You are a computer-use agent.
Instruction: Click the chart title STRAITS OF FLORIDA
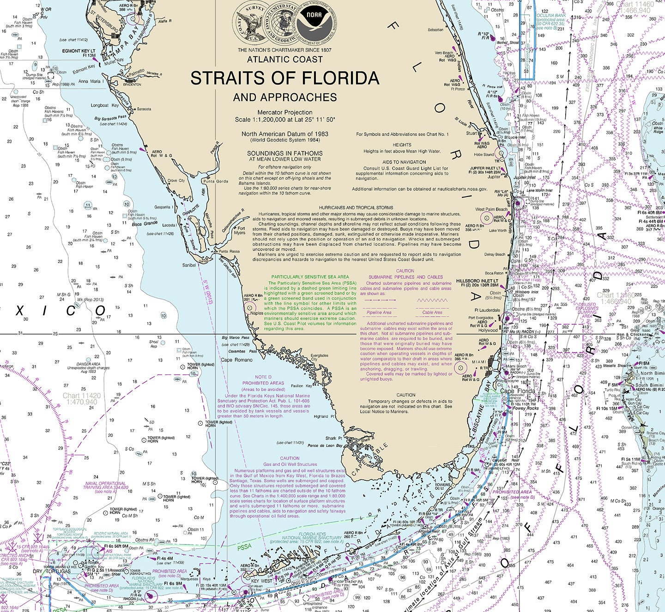point(284,78)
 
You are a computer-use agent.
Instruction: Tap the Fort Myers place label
point(239,230)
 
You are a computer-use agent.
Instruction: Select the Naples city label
point(258,313)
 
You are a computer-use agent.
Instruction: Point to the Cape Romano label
point(237,360)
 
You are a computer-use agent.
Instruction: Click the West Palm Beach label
point(491,209)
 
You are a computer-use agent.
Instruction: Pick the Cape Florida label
point(518,391)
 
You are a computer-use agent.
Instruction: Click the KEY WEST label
point(261,581)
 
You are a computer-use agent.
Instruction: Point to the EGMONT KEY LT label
point(79,51)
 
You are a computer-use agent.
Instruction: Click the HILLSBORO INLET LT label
point(477,281)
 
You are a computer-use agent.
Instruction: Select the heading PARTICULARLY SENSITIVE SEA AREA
point(310,276)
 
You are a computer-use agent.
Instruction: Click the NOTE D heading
point(263,377)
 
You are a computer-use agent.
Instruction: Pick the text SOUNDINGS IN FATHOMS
point(284,153)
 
